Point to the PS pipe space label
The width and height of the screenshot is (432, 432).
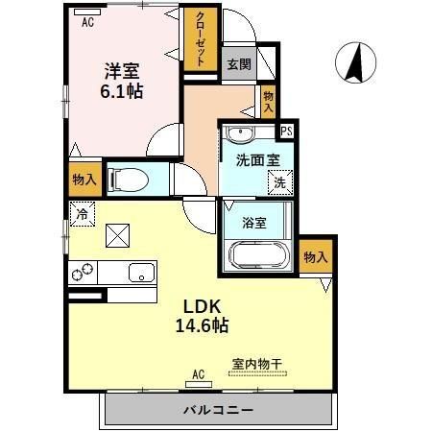click(x=285, y=132)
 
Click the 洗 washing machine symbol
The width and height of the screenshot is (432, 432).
click(x=279, y=180)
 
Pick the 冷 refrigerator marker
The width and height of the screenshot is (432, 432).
click(x=83, y=214)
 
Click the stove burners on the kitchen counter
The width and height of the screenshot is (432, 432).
click(x=83, y=273)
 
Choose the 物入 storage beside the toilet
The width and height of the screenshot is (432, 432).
click(x=84, y=179)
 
